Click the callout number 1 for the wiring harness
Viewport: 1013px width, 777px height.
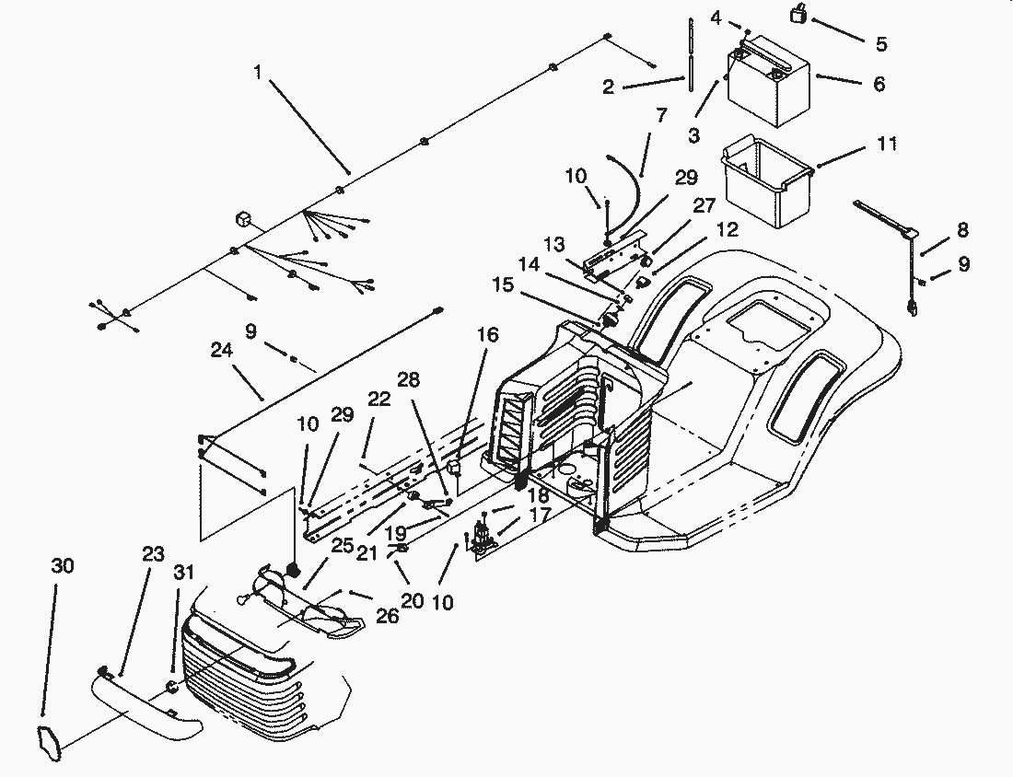tap(258, 72)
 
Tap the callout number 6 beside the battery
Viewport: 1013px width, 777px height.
tap(879, 84)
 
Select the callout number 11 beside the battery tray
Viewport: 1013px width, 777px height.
tap(887, 144)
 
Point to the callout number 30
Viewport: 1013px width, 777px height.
tap(63, 566)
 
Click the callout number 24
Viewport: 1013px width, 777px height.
tap(222, 350)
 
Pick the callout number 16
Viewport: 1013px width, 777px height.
tap(488, 334)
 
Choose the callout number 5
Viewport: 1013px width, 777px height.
tap(881, 44)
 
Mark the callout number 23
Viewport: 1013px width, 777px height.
tap(153, 554)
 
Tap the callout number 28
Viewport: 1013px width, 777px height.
tap(408, 380)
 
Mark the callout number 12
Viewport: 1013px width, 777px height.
tap(727, 230)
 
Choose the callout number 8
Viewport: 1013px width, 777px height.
tap(962, 230)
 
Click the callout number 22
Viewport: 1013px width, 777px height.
tap(379, 400)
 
